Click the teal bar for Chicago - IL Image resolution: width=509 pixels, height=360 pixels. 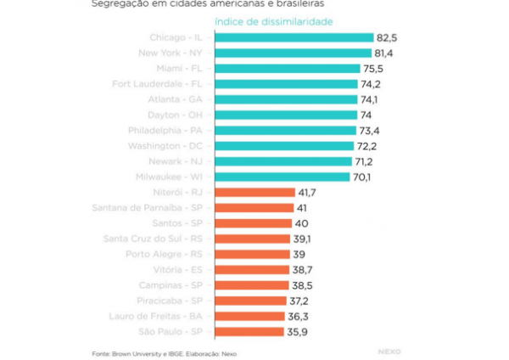(x=294, y=37)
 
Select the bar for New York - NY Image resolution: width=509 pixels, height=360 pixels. (x=294, y=53)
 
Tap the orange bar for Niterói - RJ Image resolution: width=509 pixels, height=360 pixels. (x=255, y=193)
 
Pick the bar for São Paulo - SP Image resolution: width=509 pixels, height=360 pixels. (x=249, y=331)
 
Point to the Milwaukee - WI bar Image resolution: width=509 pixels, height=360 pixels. (x=282, y=177)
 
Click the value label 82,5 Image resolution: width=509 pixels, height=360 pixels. (x=389, y=37)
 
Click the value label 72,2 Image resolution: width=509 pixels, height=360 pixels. (x=367, y=146)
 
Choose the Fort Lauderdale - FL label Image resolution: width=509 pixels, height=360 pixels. (x=157, y=84)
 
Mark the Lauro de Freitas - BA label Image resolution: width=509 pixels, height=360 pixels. (x=159, y=316)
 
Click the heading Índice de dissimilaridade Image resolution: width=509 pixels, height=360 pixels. (x=273, y=20)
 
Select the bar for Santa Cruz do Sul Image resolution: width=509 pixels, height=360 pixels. (x=252, y=239)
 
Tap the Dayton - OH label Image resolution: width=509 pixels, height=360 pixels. (x=176, y=115)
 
